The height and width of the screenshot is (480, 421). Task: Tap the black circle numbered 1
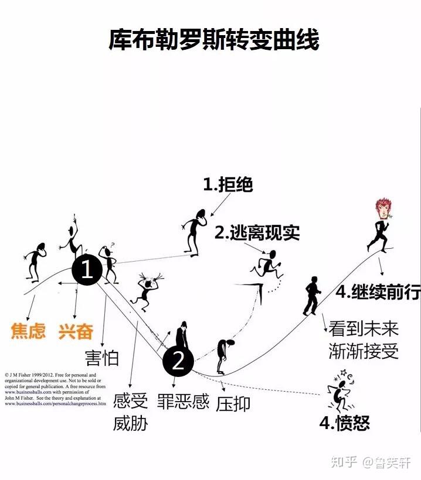[87, 270]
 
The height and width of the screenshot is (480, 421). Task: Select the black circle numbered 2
[178, 362]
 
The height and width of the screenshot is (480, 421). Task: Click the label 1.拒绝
[228, 185]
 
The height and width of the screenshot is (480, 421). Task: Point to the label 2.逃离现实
[257, 232]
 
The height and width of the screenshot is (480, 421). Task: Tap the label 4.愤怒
[345, 423]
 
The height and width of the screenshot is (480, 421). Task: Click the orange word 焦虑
[28, 331]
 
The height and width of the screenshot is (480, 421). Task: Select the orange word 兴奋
[76, 331]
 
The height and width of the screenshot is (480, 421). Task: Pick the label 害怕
[101, 358]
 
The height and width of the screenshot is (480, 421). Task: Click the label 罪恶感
[183, 402]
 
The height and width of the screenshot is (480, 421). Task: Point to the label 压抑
[233, 404]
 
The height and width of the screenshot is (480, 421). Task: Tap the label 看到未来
[364, 328]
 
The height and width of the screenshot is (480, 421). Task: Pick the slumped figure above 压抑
[222, 354]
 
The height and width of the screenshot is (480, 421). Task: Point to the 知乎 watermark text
[344, 462]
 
